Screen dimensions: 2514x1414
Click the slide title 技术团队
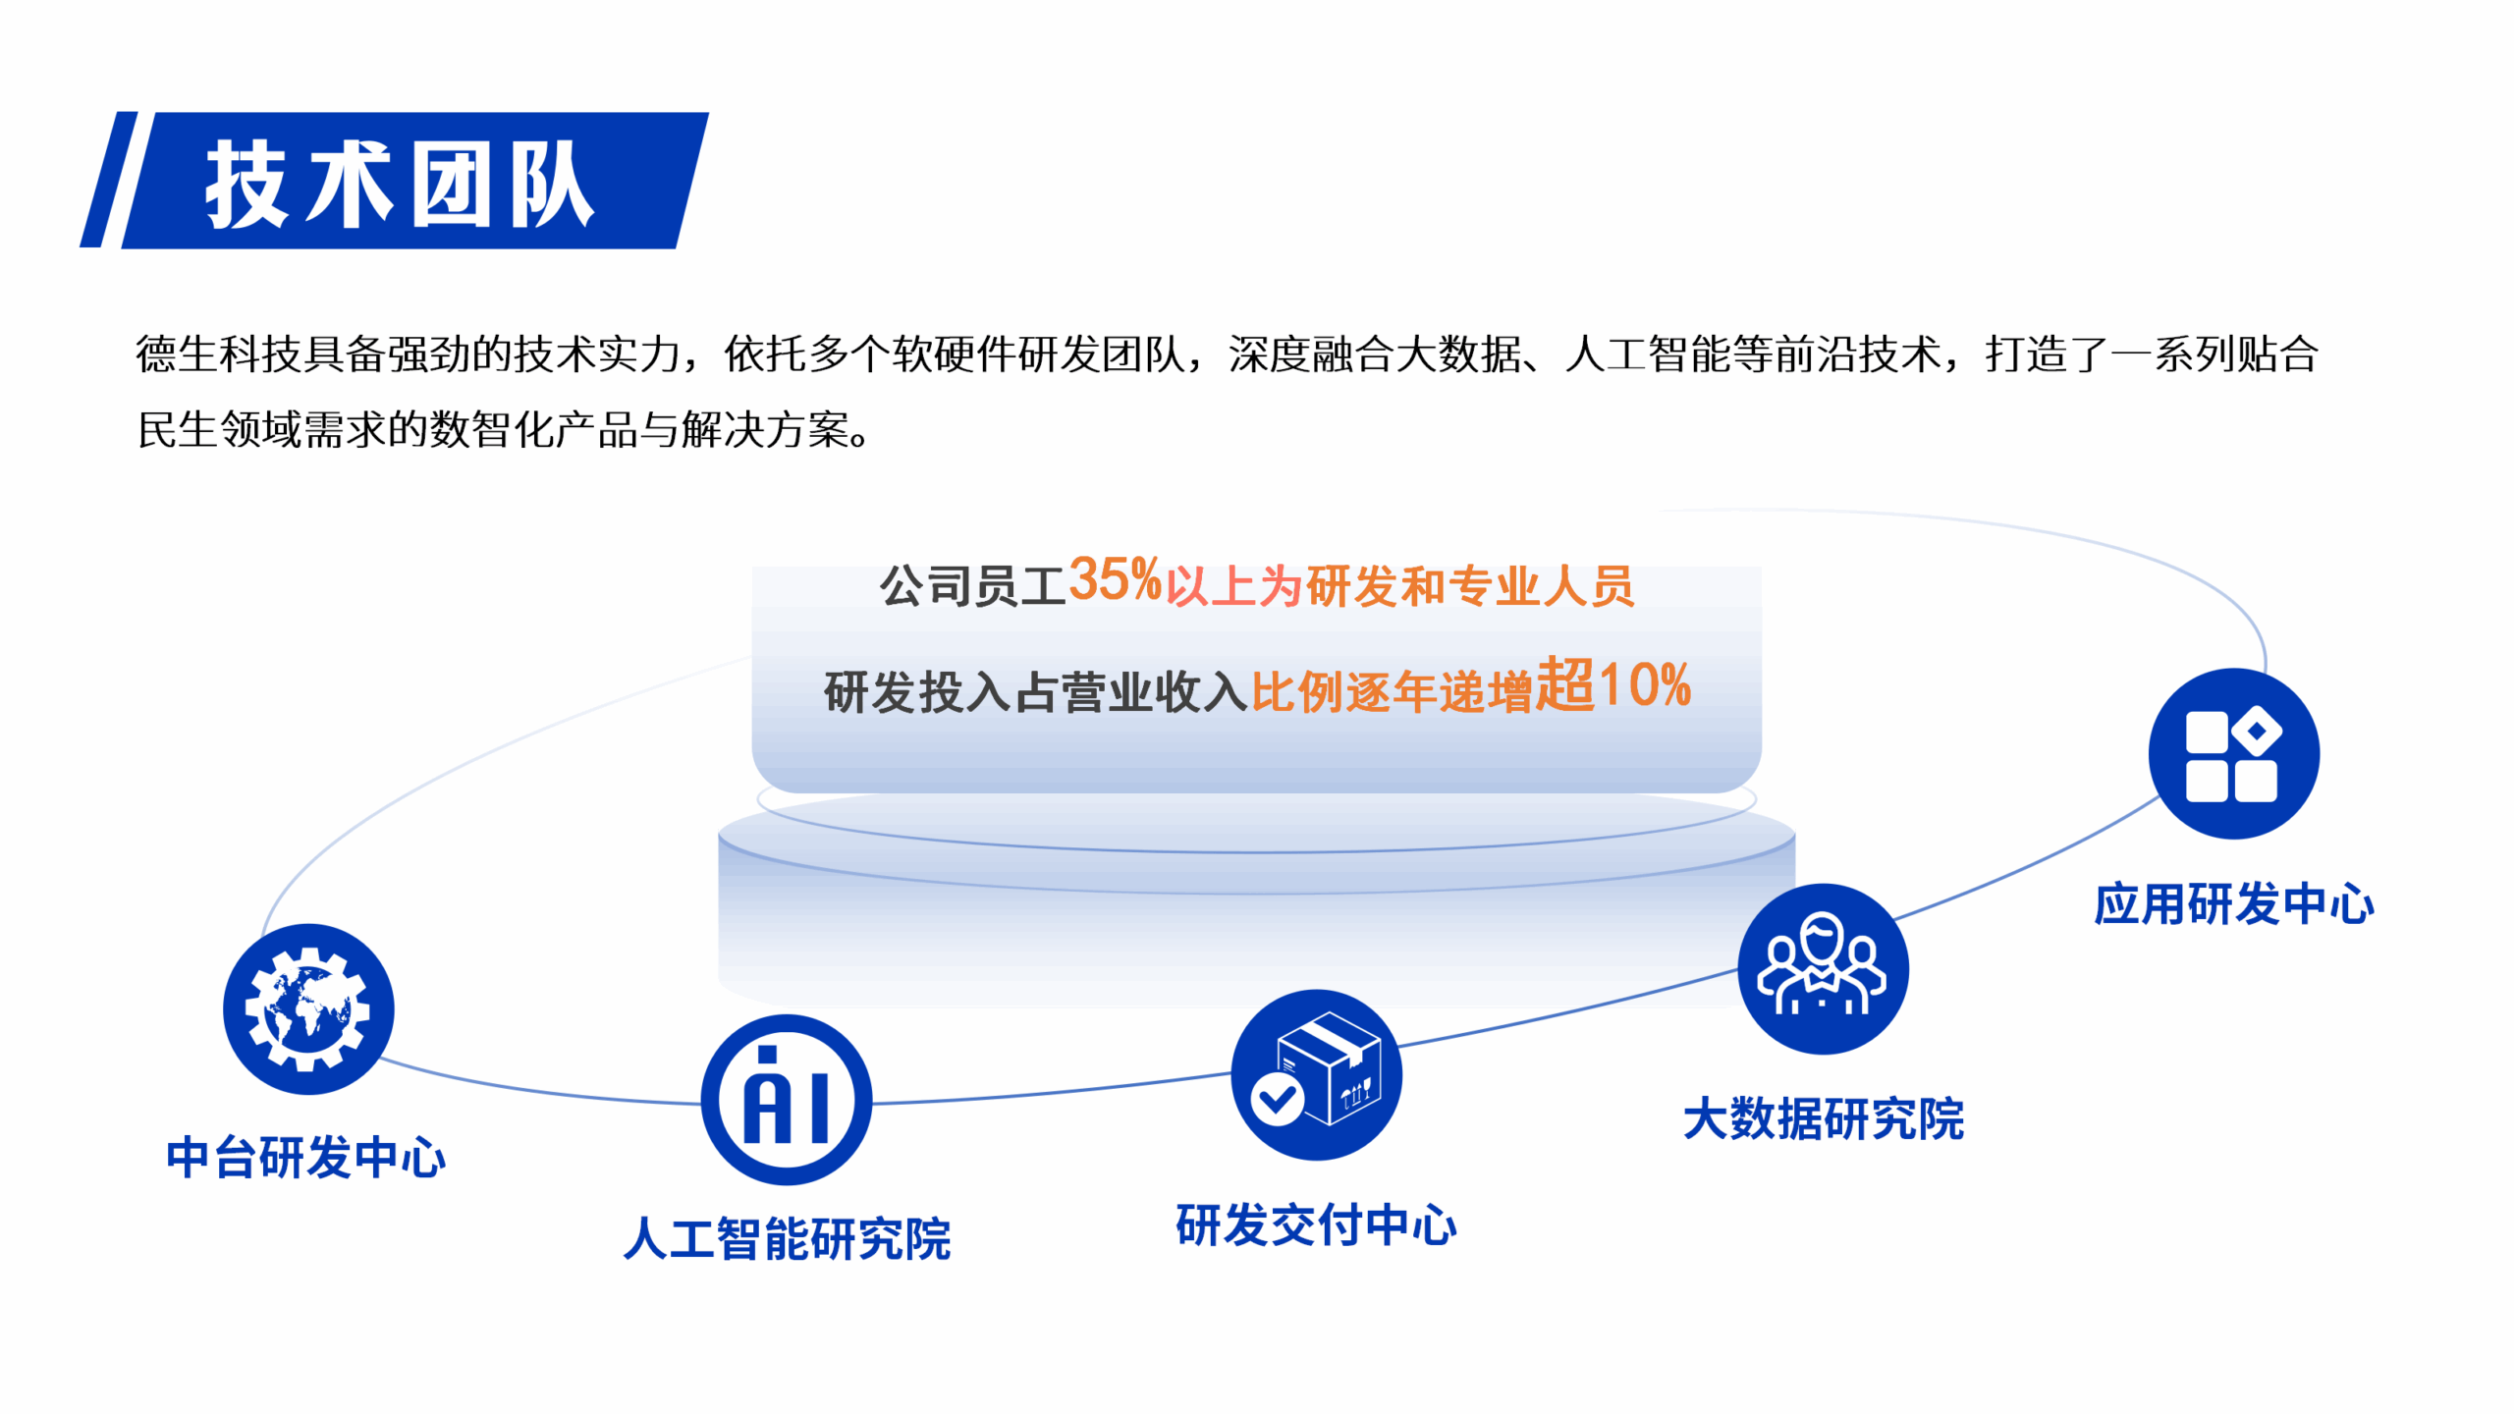[x=400, y=184]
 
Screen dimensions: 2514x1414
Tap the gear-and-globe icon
[x=308, y=1008]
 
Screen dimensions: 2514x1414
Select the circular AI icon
[x=787, y=1100]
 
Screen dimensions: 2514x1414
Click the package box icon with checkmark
[x=1317, y=1074]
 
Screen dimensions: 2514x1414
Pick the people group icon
[x=1824, y=969]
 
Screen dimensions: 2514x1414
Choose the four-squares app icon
[x=2234, y=753]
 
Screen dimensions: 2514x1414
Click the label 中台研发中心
[x=306, y=1158]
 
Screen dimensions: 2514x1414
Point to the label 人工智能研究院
[x=788, y=1238]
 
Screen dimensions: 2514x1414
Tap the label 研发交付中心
[x=1317, y=1225]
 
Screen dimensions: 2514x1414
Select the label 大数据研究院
[x=1824, y=1119]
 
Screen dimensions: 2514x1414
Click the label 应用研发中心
[x=2234, y=904]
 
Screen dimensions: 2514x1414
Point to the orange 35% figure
[x=1116, y=579]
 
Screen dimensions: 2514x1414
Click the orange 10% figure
[x=1645, y=684]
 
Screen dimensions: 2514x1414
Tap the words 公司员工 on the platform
[x=972, y=586]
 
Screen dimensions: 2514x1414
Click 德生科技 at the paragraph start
[x=219, y=354]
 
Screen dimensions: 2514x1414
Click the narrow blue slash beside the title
[x=110, y=180]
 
